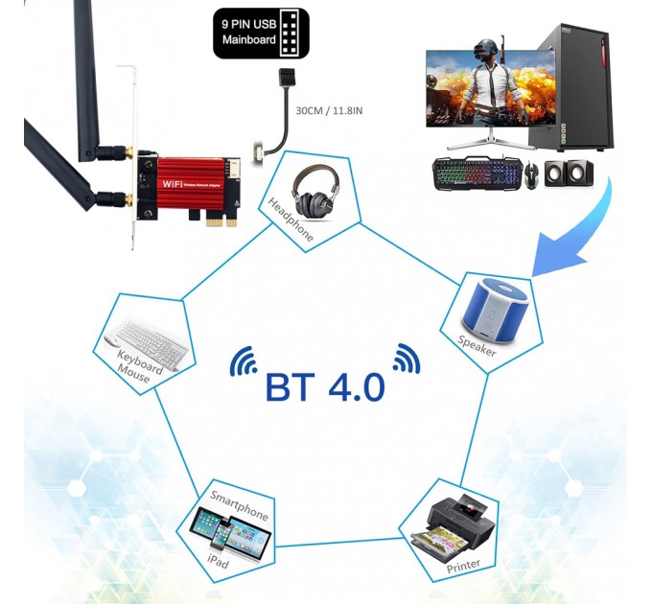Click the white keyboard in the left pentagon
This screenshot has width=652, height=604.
(141, 336)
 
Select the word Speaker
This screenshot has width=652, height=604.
(477, 346)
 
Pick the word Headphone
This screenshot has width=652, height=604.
(291, 220)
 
